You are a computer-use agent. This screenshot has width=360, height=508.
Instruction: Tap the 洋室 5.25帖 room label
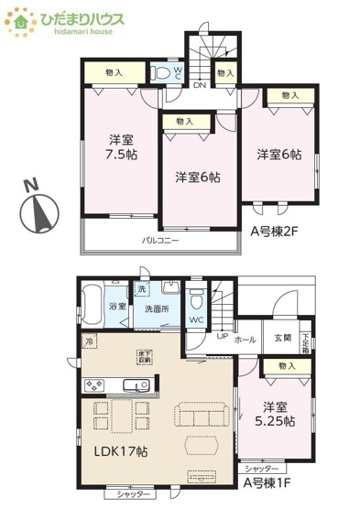[276, 414]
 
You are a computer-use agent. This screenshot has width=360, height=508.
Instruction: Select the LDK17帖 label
[123, 451]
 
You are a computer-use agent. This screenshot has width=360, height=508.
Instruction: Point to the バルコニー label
[159, 241]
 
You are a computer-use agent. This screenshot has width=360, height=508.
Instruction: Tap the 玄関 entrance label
[281, 338]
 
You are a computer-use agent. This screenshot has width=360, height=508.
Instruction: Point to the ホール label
[245, 339]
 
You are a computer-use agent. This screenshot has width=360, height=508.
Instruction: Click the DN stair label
[199, 87]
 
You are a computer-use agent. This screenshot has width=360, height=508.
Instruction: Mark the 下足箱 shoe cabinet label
[305, 339]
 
